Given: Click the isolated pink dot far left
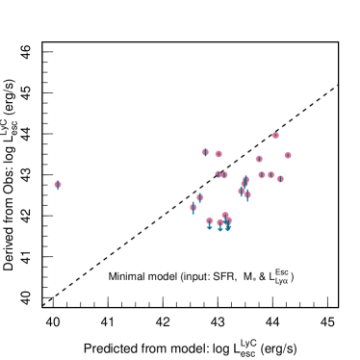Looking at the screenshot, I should click(58, 184).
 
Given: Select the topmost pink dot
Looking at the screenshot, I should click(275, 136).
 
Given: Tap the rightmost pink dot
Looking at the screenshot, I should click(288, 155).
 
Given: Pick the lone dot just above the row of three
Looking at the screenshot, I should click(259, 159).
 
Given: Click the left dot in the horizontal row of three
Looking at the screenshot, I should click(262, 175).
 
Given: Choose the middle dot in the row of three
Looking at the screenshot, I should click(270, 175).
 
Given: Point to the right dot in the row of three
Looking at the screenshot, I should click(280, 178).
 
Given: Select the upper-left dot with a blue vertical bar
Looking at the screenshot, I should click(205, 152).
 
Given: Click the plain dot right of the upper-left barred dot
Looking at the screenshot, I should click(219, 154).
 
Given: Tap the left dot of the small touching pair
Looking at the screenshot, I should click(219, 174).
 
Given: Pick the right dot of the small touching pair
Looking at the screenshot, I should click(224, 175).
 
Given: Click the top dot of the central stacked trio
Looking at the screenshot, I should click(245, 180).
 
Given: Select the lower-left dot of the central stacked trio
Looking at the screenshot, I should click(242, 191).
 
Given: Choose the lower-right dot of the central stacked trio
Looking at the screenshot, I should click(247, 194).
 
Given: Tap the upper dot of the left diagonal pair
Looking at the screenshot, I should click(199, 197).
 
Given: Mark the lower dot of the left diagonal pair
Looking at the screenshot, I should click(193, 207).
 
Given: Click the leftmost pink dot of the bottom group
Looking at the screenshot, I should click(209, 220).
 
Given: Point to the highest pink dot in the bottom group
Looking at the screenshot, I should click(225, 215).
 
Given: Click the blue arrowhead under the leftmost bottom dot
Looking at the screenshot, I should click(209, 228).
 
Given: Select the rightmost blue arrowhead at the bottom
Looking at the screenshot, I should click(228, 229).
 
